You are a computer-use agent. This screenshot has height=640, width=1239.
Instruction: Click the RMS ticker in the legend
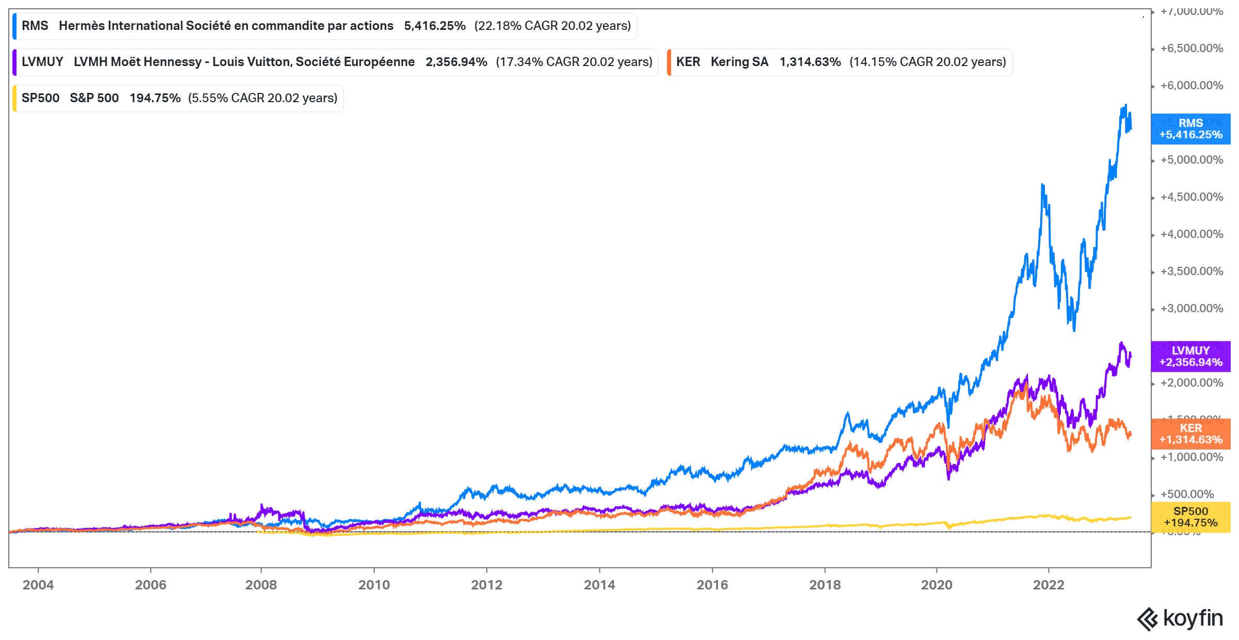(x=35, y=26)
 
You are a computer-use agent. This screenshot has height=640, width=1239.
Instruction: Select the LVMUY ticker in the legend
(x=42, y=62)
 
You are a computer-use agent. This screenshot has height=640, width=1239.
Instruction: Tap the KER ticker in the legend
(x=688, y=62)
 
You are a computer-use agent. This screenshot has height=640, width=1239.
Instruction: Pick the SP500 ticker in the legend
(x=40, y=98)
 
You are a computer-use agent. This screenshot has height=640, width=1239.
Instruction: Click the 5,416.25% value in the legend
(x=435, y=26)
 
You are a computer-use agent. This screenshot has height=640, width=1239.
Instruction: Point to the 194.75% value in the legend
(x=155, y=98)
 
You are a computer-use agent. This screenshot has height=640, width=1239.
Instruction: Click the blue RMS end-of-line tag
(x=1190, y=129)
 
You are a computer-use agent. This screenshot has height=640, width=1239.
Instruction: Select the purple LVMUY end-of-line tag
(x=1190, y=357)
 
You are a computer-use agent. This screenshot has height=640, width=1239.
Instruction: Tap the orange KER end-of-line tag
(x=1190, y=434)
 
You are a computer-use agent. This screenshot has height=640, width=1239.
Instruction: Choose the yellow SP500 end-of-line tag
(x=1190, y=517)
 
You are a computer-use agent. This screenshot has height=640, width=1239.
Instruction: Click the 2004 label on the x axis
(x=38, y=585)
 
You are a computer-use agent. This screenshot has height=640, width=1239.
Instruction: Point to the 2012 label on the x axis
(x=486, y=585)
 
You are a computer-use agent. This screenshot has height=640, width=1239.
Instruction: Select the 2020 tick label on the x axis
(x=936, y=585)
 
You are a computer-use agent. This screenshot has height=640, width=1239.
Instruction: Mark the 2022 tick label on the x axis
(x=1049, y=585)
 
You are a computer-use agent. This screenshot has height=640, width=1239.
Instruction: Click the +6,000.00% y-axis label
(x=1192, y=86)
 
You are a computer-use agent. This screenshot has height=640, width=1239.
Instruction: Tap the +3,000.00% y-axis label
(x=1192, y=309)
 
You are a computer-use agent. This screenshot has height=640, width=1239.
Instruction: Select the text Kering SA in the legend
(x=739, y=62)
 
